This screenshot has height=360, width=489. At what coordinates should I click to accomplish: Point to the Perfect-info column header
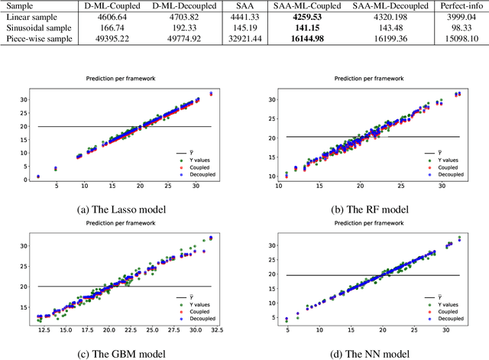tap(463, 5)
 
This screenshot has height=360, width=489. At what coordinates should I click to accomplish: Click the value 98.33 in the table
tap(464, 28)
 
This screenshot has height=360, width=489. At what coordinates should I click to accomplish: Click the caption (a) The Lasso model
tap(122, 209)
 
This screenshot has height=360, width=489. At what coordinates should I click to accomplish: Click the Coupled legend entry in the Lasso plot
tap(196, 167)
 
